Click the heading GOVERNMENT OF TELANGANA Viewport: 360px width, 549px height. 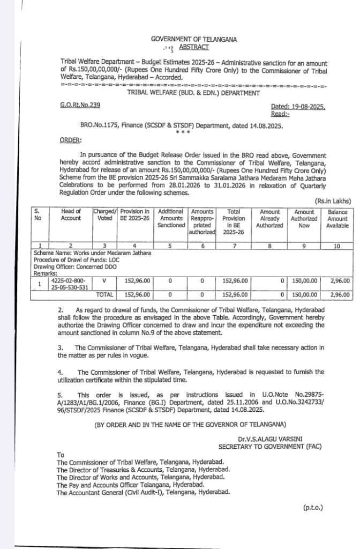pos(193,39)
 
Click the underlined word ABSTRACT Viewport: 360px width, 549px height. pos(194,47)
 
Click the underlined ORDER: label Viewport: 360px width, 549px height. pos(71,140)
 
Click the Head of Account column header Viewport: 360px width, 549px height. pos(71,215)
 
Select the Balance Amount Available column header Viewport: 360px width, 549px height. pos(337,219)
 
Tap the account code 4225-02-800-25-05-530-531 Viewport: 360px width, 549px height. pos(70,284)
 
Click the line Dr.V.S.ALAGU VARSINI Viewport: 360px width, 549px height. pos(270,439)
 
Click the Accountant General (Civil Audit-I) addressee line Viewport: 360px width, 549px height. pos(143,492)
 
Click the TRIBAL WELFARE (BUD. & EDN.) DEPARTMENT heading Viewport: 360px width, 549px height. pos(193,93)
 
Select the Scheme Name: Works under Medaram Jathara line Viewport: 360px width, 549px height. pos(92,253)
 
